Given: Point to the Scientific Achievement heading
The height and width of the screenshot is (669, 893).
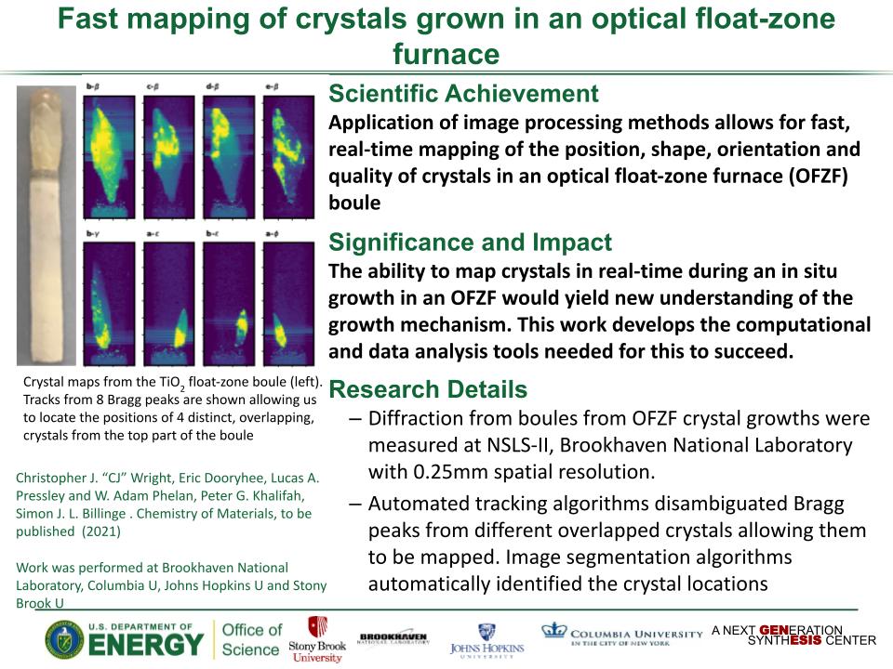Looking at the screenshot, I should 463,94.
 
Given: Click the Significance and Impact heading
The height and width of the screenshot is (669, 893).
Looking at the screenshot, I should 470,243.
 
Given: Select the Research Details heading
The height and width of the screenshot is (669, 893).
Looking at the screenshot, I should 428,389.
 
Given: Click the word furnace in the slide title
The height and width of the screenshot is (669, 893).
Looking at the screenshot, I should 446,54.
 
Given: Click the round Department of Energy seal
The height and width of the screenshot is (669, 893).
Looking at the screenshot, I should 64,640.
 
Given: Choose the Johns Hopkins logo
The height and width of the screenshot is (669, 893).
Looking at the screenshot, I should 486,639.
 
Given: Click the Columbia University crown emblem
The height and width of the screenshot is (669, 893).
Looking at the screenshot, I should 553,631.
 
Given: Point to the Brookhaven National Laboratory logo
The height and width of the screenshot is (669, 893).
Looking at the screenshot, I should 393,637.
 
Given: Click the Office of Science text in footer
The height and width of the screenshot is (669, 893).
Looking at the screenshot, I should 251,639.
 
